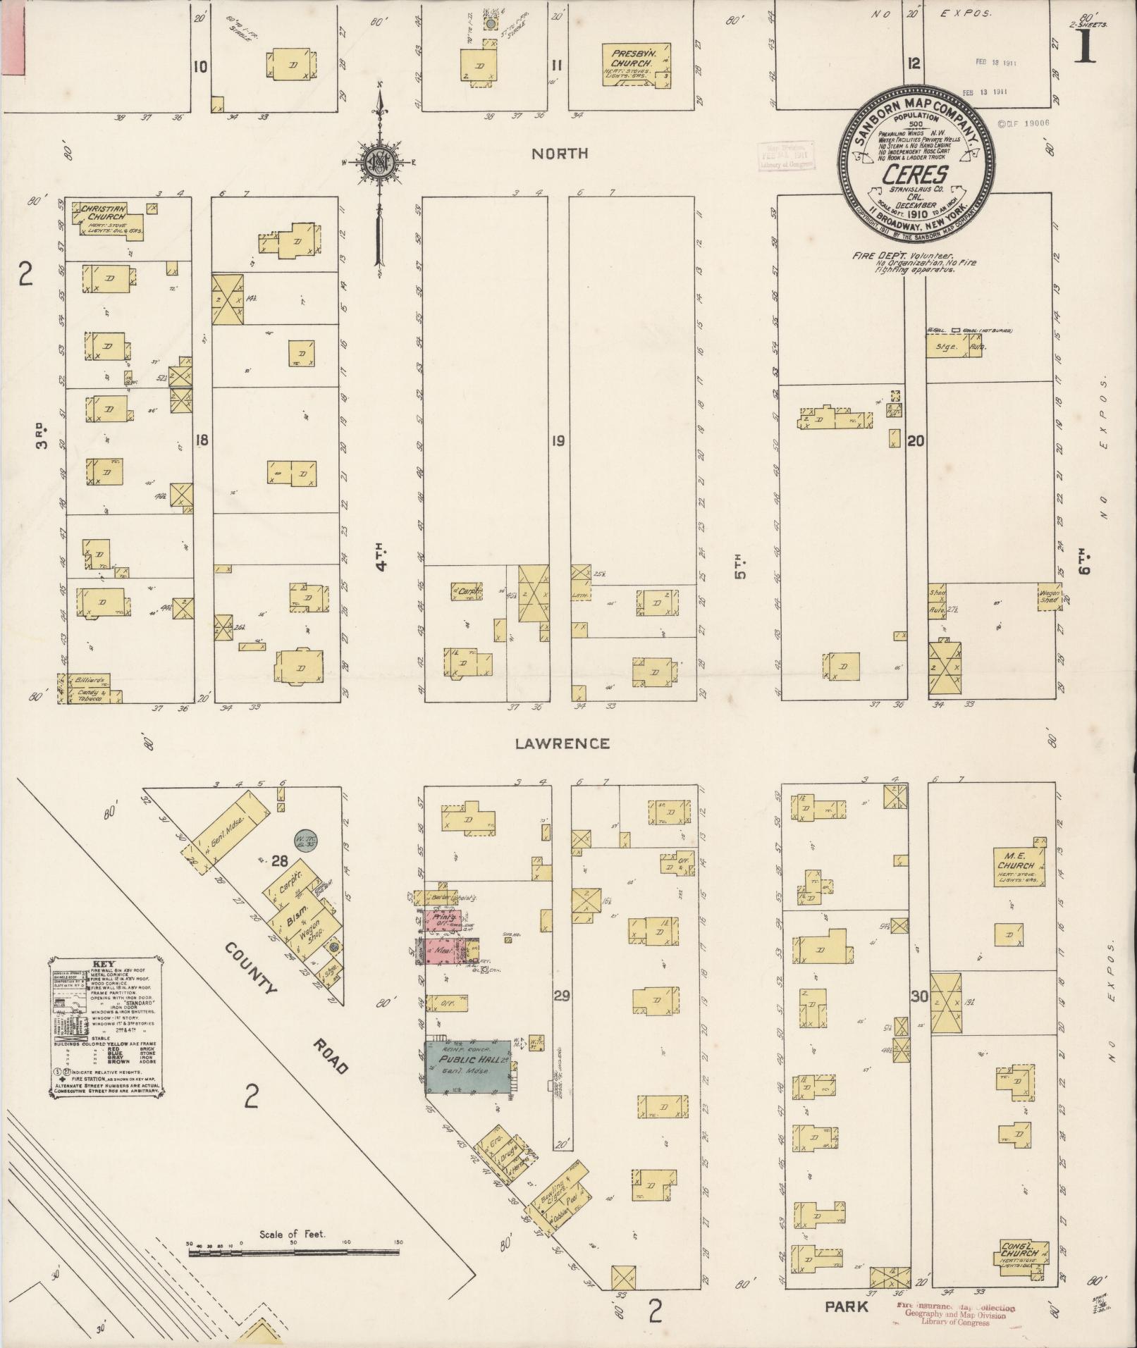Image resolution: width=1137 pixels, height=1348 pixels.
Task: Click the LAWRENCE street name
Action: tap(562, 743)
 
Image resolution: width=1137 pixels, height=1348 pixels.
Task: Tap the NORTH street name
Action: tap(560, 154)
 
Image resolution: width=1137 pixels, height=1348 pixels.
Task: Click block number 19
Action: tap(558, 442)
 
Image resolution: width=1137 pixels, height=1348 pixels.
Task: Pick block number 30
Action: tap(918, 996)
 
